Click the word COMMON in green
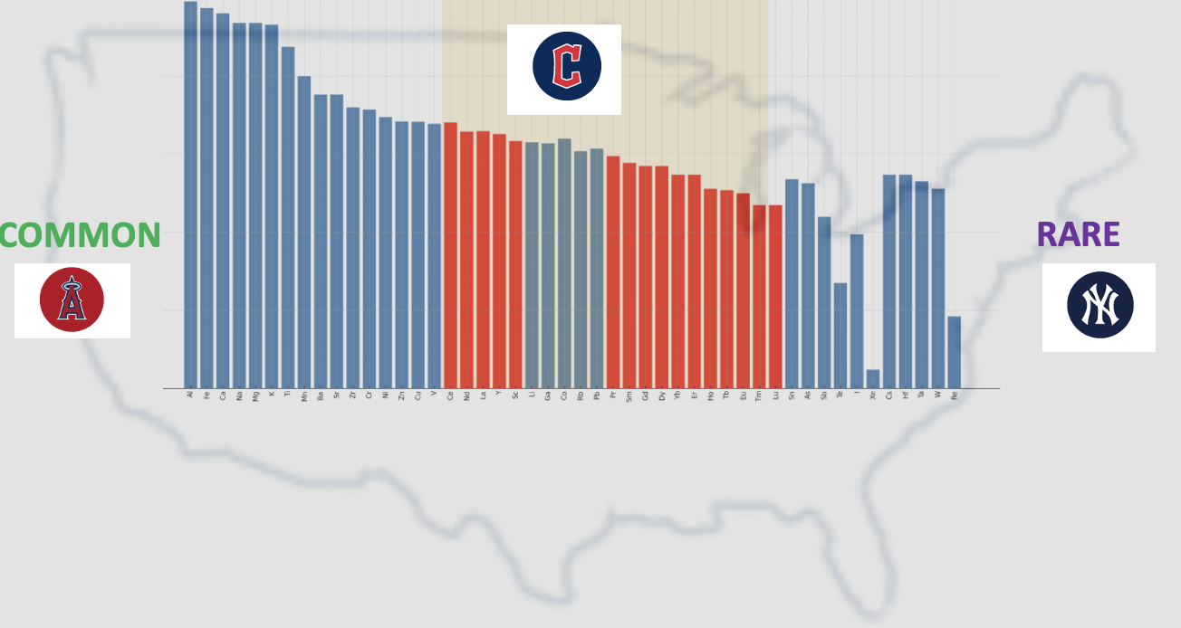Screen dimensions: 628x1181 [80, 235]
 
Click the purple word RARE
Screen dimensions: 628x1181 [1078, 234]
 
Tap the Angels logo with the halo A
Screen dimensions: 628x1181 [72, 300]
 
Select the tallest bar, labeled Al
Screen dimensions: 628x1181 [190, 195]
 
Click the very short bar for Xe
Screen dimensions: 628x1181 [873, 379]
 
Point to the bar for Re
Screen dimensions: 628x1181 [955, 352]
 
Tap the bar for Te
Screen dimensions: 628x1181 [840, 336]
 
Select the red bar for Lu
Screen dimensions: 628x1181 [775, 297]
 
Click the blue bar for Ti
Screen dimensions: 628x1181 [288, 217]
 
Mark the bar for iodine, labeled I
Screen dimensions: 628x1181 [857, 311]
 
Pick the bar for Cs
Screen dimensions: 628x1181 [889, 281]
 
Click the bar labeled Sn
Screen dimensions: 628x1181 [792, 283]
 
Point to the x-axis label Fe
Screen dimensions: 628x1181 [206, 395]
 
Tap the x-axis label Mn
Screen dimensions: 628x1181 [304, 395]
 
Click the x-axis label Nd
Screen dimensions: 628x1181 [466, 395]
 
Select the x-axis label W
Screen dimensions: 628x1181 [938, 395]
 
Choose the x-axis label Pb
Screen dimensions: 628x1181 [597, 395]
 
